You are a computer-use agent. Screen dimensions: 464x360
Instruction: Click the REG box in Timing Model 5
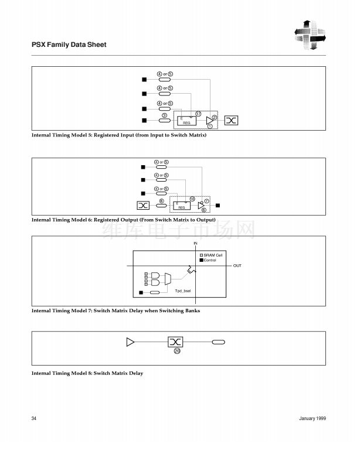(186, 120)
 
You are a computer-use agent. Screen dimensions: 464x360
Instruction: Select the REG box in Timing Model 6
(182, 206)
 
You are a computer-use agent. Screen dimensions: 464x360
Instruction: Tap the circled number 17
(198, 114)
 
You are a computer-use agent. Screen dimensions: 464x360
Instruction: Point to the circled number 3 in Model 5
(165, 115)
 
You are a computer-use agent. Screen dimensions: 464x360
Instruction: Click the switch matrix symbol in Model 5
(231, 121)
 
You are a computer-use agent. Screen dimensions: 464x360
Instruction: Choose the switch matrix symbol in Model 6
(143, 206)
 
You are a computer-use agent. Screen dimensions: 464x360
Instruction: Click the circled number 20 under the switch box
(176, 350)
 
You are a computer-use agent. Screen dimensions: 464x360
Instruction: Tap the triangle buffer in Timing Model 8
(130, 342)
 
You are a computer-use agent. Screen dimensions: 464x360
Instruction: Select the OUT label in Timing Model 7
(237, 265)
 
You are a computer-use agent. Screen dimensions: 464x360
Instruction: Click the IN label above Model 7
(196, 242)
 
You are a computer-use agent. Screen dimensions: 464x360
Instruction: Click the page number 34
(34, 419)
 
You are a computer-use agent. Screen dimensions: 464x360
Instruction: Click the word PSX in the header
(38, 45)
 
